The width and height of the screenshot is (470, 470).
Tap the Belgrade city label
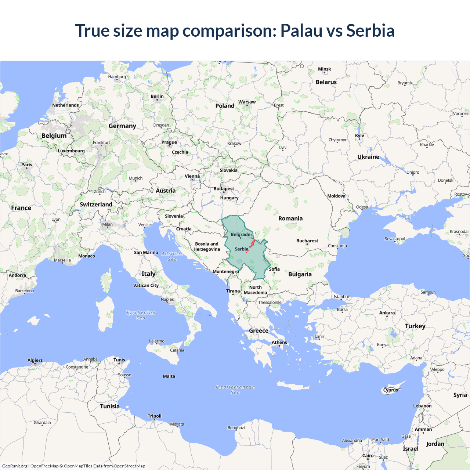point(241,235)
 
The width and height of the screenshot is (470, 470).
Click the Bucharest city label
point(307,241)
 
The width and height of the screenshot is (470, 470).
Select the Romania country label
point(290,218)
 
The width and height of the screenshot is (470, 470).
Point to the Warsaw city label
point(247,102)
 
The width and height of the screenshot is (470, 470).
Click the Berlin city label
point(157,97)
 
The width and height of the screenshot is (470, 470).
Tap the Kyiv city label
point(359,136)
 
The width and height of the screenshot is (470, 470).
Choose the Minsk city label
point(324,69)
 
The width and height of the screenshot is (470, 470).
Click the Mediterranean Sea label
point(235,390)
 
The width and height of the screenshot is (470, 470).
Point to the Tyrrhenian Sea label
point(141,315)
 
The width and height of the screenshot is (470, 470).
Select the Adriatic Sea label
point(172,256)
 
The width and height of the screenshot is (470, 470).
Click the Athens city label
point(279,343)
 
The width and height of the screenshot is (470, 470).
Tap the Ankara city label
point(387,313)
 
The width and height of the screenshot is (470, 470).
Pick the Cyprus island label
point(390,390)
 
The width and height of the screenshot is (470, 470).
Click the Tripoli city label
point(155,416)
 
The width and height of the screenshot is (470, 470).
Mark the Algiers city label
point(35,360)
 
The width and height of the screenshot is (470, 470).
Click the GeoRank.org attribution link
point(15,466)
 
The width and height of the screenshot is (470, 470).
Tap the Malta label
point(169,376)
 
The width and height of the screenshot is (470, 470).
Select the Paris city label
point(26,165)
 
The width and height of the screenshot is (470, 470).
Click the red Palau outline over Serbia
point(252,243)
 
